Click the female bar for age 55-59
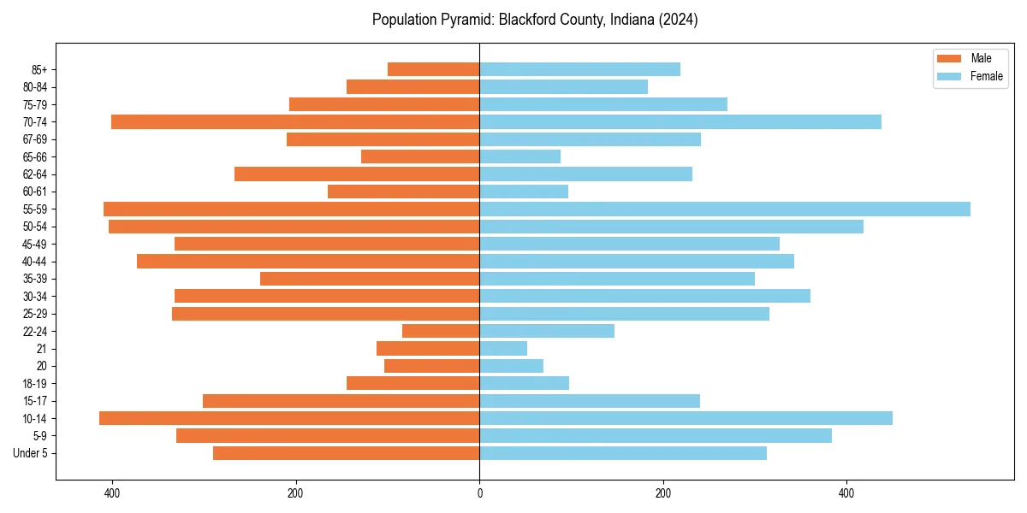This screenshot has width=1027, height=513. [724, 209]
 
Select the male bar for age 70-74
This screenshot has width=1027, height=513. [295, 121]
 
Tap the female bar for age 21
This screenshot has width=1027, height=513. [503, 348]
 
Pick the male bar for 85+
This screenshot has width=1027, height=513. [433, 69]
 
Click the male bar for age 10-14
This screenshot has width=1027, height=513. [289, 418]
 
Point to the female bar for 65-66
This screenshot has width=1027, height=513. [519, 156]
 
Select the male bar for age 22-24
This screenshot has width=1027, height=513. [441, 331]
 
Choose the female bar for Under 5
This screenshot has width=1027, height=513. [622, 453]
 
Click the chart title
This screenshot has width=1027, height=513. [535, 20]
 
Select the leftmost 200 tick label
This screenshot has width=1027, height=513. [295, 493]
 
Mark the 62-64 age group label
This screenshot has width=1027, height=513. [33, 174]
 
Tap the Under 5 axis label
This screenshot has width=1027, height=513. [30, 453]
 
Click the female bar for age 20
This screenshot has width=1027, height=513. [511, 366]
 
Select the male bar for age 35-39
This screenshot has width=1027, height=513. [370, 279]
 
